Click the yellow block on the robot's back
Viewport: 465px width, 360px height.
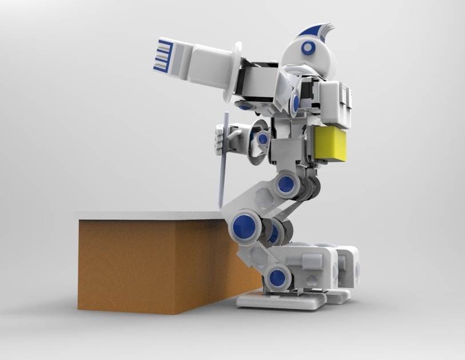point(331,144)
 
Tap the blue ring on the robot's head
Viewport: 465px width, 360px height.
point(309,48)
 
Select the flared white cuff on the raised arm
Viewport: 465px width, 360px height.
point(235,67)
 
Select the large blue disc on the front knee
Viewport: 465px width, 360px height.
point(243,225)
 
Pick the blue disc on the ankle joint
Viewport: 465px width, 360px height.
point(278,278)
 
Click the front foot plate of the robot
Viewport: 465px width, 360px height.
point(280,299)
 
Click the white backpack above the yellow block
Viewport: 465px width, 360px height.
point(337,103)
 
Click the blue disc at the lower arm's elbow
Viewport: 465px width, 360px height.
point(263,139)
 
